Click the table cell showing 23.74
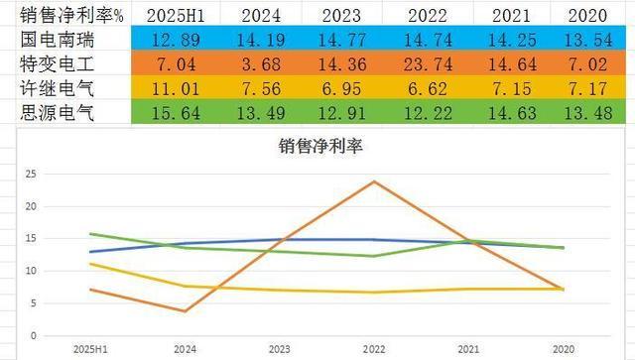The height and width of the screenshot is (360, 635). pyautogui.click(x=428, y=64)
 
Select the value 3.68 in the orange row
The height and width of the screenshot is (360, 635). pyautogui.click(x=261, y=64)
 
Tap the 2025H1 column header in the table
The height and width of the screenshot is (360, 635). pyautogui.click(x=176, y=16)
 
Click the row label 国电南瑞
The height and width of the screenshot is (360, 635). pyautogui.click(x=58, y=40)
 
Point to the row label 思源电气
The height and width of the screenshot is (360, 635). pyautogui.click(x=58, y=113)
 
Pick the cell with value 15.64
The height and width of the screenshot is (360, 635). pyautogui.click(x=176, y=113)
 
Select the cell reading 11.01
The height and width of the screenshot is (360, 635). pyautogui.click(x=176, y=88)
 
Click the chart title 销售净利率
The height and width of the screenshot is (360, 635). pyautogui.click(x=320, y=146)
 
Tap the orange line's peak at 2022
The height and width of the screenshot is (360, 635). pyautogui.click(x=374, y=181)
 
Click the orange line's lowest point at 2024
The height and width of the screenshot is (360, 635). pyautogui.click(x=186, y=311)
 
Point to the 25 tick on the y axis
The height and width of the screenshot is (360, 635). pyautogui.click(x=31, y=175)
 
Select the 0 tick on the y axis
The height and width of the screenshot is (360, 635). pyautogui.click(x=33, y=336)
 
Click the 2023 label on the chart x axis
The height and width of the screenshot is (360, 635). pyautogui.click(x=280, y=349)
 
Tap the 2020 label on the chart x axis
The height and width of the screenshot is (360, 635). pyautogui.click(x=564, y=349)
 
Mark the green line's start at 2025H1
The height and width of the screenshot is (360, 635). pyautogui.click(x=90, y=234)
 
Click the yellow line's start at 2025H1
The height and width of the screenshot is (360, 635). pyautogui.click(x=90, y=264)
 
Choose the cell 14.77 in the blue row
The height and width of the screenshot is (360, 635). pyautogui.click(x=342, y=40)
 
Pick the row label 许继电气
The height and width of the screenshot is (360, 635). pyautogui.click(x=58, y=88)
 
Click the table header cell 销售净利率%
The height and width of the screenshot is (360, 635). pyautogui.click(x=71, y=16)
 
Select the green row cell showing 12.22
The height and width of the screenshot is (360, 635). pyautogui.click(x=428, y=113)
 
